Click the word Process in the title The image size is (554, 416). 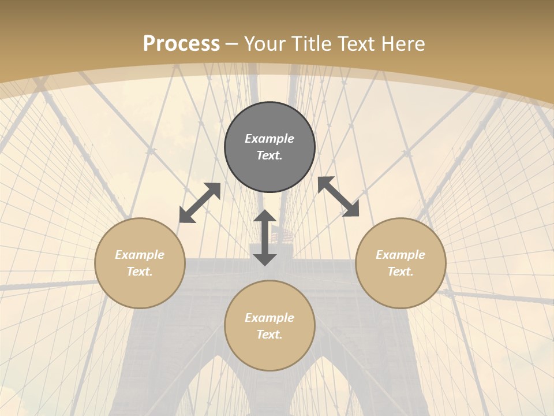point(181,44)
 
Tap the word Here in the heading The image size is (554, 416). point(402,44)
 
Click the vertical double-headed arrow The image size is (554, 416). point(265,238)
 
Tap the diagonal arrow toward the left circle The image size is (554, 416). point(200,203)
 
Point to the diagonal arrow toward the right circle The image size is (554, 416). point(339,196)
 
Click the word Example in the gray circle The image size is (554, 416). point(269,139)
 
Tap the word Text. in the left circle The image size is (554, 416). point(140,272)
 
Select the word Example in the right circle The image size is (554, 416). point(400,255)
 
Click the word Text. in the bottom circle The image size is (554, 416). point(269,335)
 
